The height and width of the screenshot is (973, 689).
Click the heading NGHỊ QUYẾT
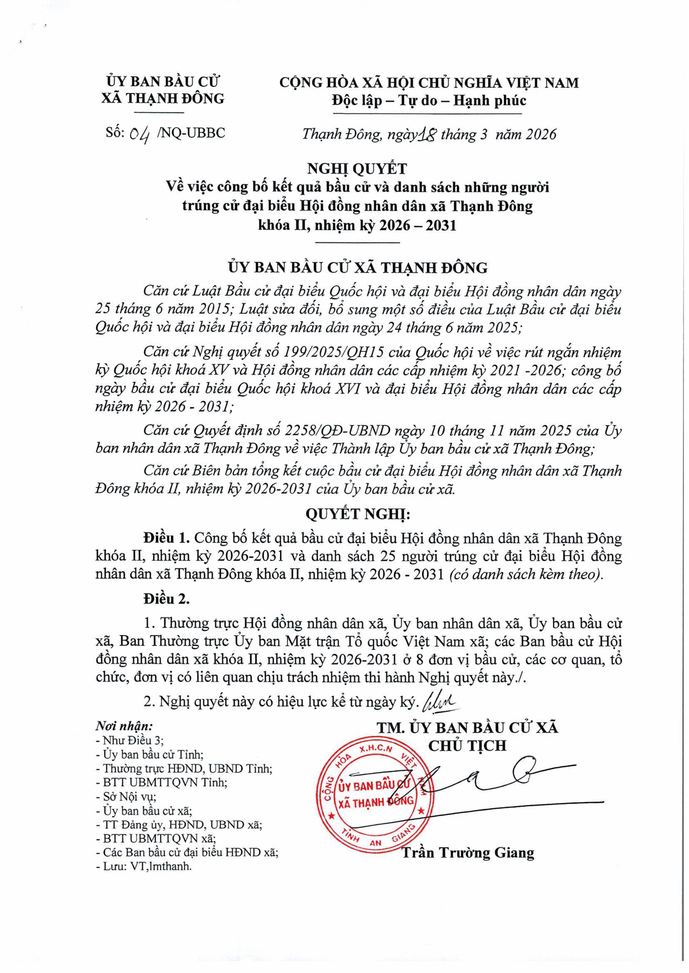tap(357, 169)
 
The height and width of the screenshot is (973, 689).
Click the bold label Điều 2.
tap(166, 599)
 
